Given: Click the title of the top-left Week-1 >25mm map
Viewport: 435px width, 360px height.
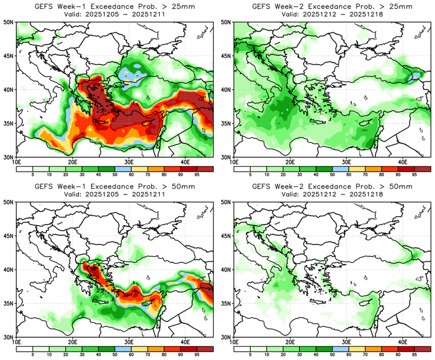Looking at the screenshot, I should pos(114,7).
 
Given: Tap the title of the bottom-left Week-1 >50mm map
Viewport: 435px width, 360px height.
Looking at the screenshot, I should pos(114,187).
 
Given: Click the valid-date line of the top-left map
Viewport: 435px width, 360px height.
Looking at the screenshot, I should pos(114,14).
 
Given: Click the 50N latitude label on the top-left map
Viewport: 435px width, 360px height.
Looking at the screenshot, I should pos(8,22).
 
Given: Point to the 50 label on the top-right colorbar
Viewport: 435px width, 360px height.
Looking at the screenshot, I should pos(332,175).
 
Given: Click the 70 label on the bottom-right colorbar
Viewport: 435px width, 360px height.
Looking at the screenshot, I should pos(373,356).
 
